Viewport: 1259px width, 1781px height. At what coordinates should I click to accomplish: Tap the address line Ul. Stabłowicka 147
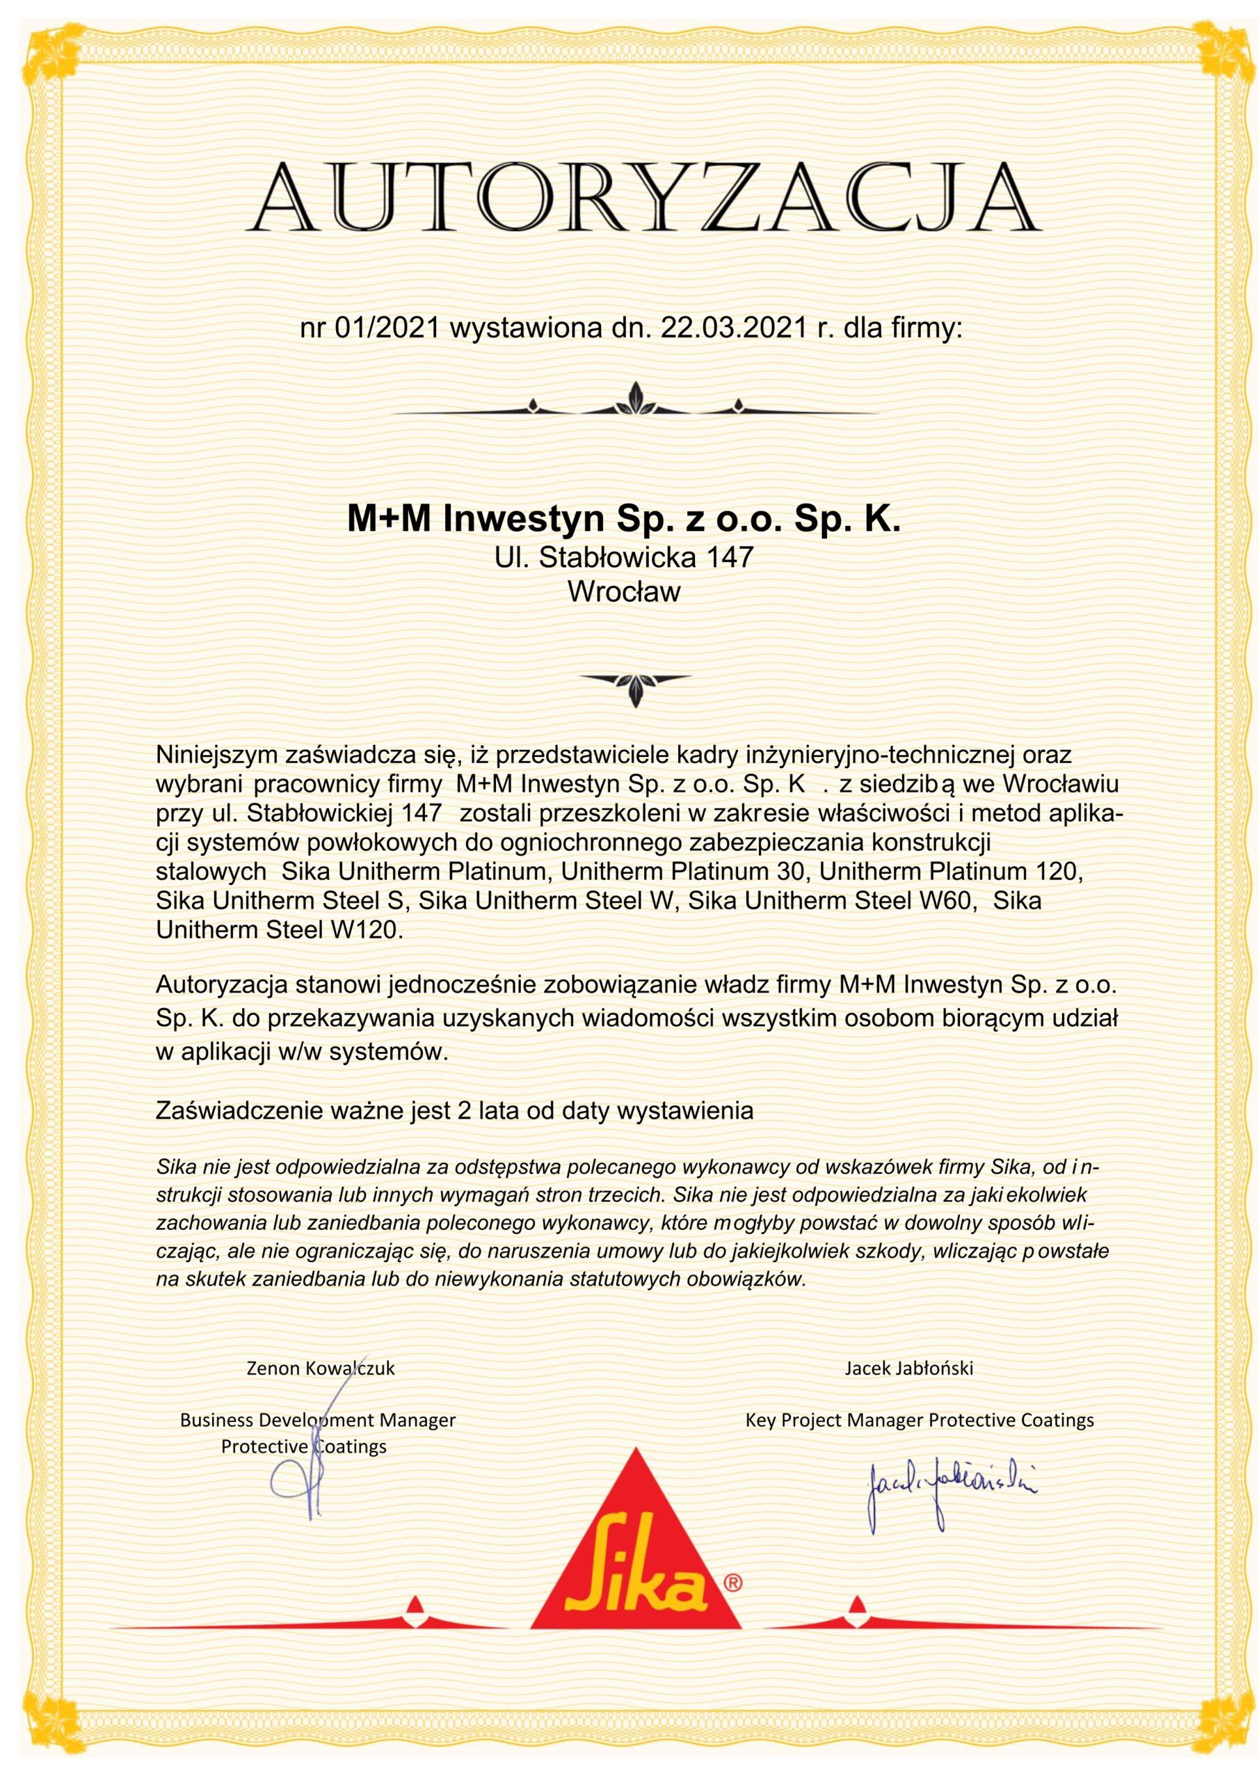pyautogui.click(x=625, y=557)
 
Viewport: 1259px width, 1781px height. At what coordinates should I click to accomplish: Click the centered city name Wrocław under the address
pyautogui.click(x=625, y=592)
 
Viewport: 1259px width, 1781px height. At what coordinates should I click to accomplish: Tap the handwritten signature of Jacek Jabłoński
pyautogui.click(x=949, y=1482)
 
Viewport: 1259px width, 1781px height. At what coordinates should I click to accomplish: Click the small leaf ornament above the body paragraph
pyautogui.click(x=635, y=687)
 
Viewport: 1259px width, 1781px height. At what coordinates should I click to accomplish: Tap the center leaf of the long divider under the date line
pyautogui.click(x=635, y=397)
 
